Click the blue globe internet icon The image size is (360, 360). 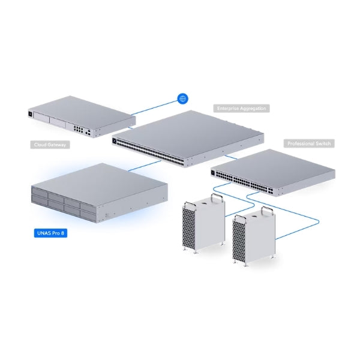point(183,99)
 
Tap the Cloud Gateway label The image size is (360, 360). point(50,145)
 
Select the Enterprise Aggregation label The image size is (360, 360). point(241,109)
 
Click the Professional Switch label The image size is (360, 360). point(309,144)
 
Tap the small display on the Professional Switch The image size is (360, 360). point(214,173)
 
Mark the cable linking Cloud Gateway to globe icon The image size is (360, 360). point(153,107)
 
